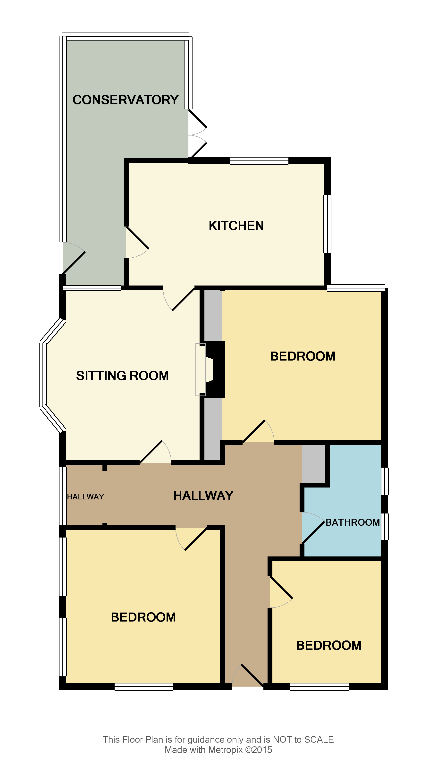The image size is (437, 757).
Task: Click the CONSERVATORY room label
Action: point(126,100)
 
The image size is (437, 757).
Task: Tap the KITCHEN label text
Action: point(236,226)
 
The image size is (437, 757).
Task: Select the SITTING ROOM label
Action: point(122,376)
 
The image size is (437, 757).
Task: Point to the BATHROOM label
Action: point(353,522)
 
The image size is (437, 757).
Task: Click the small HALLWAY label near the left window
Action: point(85,497)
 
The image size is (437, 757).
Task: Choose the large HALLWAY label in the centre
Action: point(203,496)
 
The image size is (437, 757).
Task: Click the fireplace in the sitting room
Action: point(207,370)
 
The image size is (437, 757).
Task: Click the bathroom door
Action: point(312,528)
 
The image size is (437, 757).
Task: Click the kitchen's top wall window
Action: point(259,161)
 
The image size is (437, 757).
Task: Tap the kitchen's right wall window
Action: point(328,224)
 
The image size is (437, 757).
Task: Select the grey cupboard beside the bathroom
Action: point(313,464)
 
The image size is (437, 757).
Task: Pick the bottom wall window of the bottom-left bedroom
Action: point(144,686)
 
